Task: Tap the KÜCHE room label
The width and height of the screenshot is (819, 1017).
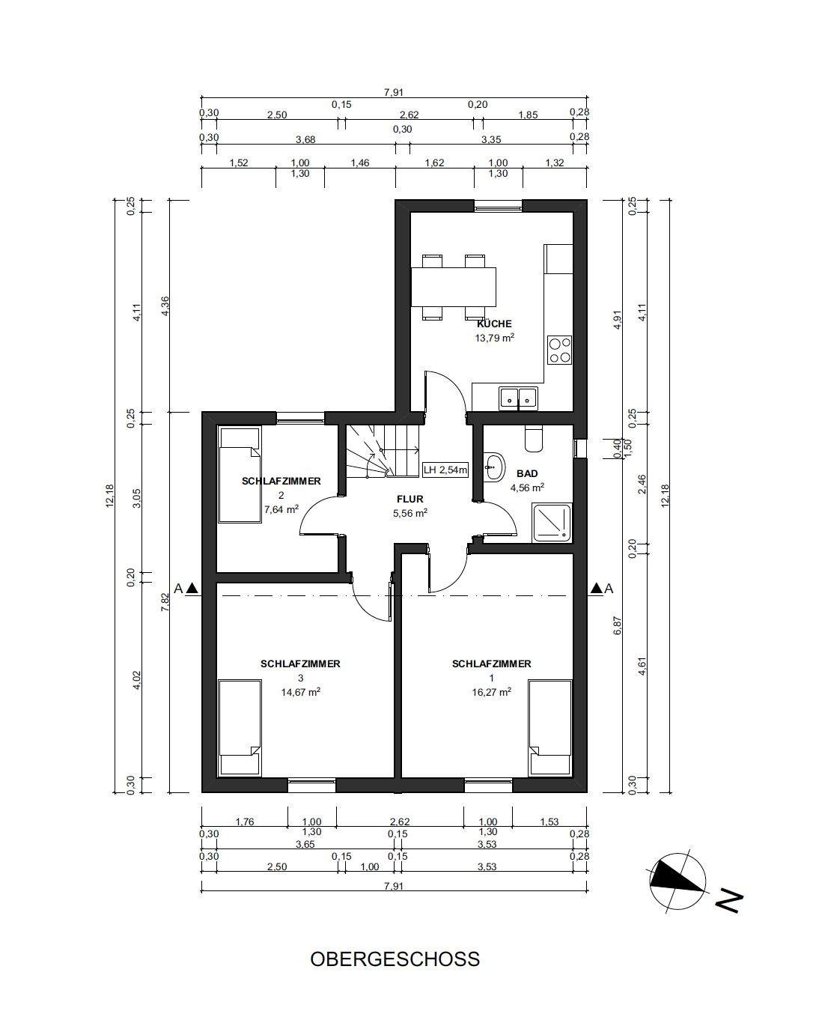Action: (x=494, y=324)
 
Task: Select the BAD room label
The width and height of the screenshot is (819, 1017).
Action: (x=527, y=473)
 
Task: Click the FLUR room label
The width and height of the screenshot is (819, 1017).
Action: (x=409, y=499)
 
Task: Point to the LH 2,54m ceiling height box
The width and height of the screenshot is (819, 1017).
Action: (x=445, y=470)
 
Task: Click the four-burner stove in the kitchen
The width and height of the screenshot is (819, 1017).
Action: (x=559, y=350)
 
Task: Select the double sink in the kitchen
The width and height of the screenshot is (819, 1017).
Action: (x=519, y=398)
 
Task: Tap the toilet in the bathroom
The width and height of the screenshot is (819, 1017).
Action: (x=534, y=438)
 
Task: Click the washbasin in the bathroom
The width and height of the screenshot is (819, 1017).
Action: (x=494, y=467)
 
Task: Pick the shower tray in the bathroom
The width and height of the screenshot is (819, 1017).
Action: (x=552, y=523)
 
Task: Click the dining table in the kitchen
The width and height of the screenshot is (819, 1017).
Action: (x=454, y=287)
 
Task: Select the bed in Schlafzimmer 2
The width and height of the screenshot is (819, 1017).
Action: (x=240, y=475)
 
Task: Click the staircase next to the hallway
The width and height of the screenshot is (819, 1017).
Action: (x=383, y=450)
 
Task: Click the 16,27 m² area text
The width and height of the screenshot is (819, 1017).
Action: (x=492, y=692)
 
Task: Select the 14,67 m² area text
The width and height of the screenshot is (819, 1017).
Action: (x=300, y=692)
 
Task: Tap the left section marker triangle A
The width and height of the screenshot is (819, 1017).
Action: (x=192, y=589)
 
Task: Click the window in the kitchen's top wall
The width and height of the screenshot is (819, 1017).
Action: (x=499, y=206)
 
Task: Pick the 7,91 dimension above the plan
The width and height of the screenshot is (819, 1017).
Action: (x=394, y=93)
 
